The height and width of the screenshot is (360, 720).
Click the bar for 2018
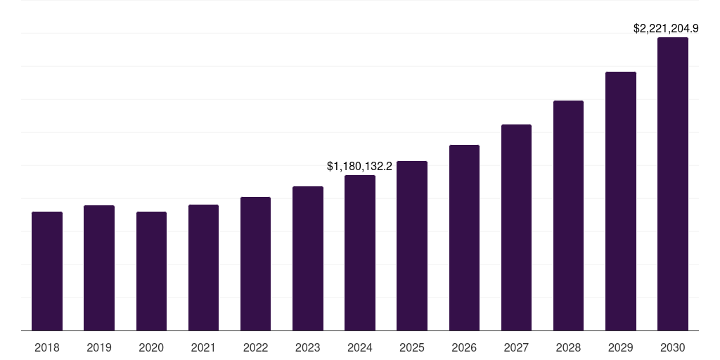[47, 271]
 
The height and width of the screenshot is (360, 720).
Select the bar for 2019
[99, 268]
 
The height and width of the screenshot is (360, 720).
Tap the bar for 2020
[151, 271]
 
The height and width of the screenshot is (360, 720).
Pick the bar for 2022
[255, 264]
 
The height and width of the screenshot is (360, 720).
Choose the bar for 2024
[360, 252]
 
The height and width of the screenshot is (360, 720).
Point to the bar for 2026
[464, 238]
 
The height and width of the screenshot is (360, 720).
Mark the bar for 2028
[568, 215]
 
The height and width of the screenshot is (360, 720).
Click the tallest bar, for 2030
[673, 184]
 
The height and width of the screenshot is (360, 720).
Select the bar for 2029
[621, 201]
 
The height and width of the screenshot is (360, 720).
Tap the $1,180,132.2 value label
[359, 167]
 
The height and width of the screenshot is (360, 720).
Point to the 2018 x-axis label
[47, 347]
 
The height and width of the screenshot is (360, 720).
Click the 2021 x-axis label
[203, 347]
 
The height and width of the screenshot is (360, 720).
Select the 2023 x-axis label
[308, 347]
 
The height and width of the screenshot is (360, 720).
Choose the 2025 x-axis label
[412, 347]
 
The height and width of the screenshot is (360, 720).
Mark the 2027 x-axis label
[516, 347]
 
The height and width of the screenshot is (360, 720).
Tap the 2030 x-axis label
[673, 347]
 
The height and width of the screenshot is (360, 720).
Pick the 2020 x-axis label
[151, 347]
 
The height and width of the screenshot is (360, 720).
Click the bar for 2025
[412, 245]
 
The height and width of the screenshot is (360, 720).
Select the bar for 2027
[516, 227]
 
